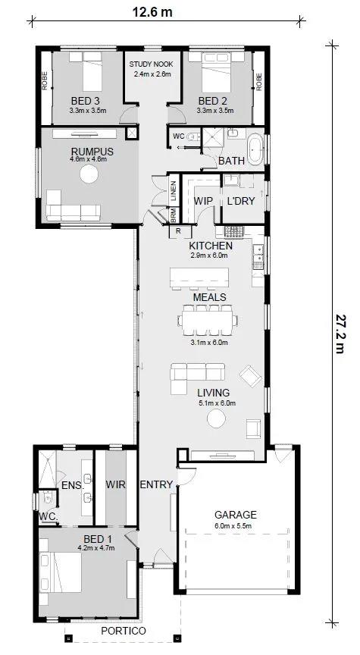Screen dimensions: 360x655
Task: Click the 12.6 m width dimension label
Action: coord(152,11)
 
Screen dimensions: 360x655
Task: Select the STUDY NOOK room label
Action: coord(151,64)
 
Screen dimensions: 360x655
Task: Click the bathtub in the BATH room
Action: coord(255,149)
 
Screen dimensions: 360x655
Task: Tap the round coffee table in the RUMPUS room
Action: coord(89,174)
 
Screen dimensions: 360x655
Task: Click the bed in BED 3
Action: coord(86,71)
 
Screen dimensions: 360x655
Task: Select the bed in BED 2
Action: coord(216,71)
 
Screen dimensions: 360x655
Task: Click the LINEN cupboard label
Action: coord(174,190)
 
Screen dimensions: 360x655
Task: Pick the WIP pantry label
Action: coord(203,201)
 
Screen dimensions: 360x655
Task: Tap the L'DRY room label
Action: coord(240,201)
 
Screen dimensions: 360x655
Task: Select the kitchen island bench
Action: coord(199,277)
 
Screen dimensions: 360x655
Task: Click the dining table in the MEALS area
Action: coord(208,320)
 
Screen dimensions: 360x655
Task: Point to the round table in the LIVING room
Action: coord(216,418)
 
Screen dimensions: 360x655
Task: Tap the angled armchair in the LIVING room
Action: coord(251,376)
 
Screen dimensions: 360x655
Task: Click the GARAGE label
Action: coord(236,515)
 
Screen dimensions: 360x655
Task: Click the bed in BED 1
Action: coord(61,572)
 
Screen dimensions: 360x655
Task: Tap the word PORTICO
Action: coord(124,631)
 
